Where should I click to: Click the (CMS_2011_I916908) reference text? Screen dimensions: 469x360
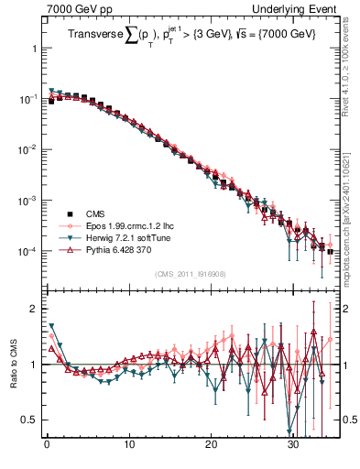tap(190, 273)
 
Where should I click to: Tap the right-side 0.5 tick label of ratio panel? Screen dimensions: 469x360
tap(349, 420)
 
